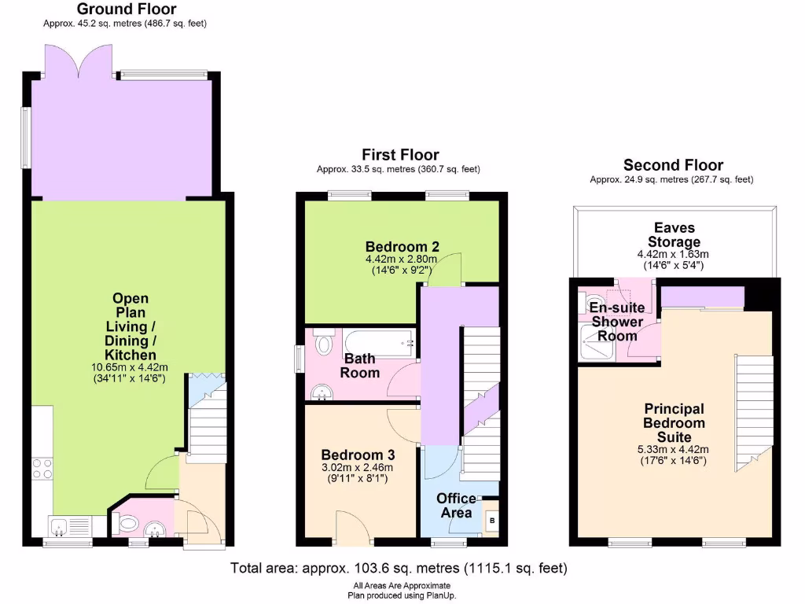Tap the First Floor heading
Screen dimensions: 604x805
tap(400, 155)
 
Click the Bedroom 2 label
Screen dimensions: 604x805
tap(402, 245)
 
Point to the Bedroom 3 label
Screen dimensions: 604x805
tap(358, 455)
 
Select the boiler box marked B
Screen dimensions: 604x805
tap(492, 520)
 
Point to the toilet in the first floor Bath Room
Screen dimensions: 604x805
tap(322, 344)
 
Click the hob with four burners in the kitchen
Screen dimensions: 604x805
tap(42, 470)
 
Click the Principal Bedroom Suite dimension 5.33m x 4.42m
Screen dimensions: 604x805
tap(675, 450)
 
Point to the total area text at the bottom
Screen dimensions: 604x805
tap(398, 568)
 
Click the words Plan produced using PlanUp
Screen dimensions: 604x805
tap(402, 595)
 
